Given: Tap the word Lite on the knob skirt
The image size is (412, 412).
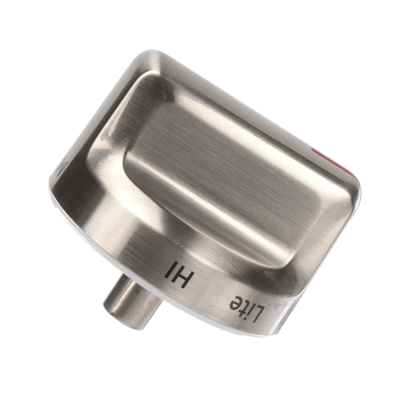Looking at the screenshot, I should coord(247,307).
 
